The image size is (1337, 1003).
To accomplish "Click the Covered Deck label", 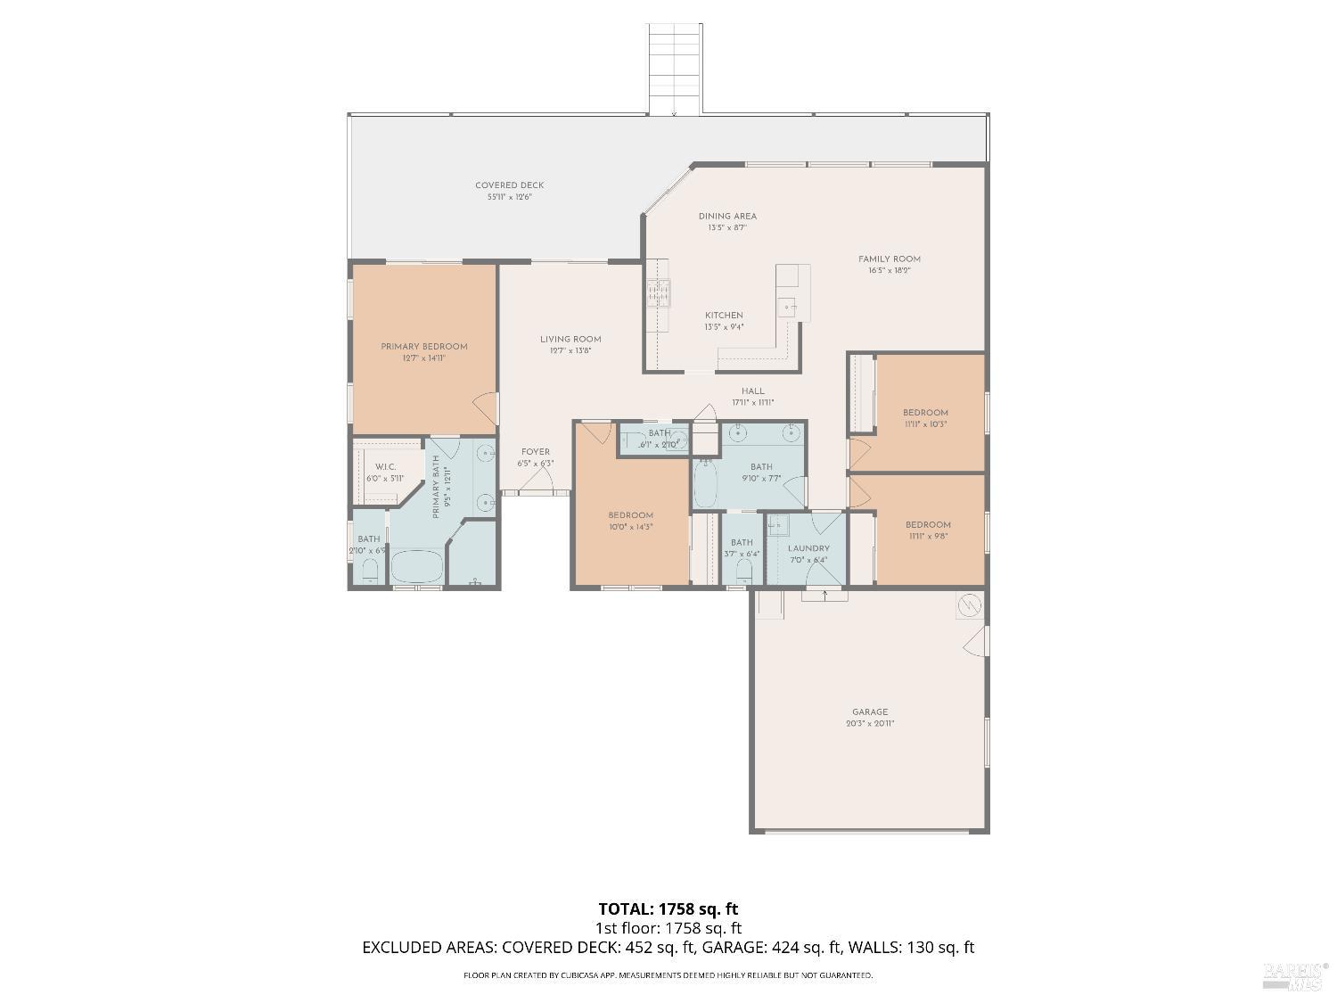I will click(x=509, y=185).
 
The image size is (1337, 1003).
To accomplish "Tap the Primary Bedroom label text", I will click(x=423, y=347).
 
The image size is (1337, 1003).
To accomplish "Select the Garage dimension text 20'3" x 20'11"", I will click(x=870, y=724).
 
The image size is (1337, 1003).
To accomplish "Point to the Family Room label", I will click(x=889, y=259).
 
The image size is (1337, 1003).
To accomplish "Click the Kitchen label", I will click(x=724, y=316).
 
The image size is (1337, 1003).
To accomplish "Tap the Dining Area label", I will click(x=727, y=217).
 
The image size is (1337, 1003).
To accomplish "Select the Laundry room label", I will click(x=808, y=548).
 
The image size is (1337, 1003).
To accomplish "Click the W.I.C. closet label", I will click(x=385, y=467).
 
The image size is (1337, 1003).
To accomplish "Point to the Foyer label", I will click(x=536, y=452).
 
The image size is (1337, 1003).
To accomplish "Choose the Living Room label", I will click(x=570, y=339).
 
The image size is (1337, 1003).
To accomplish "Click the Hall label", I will click(x=753, y=391).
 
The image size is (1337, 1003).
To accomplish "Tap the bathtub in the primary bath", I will click(x=416, y=566).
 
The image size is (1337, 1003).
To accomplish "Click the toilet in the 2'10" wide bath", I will click(x=371, y=572).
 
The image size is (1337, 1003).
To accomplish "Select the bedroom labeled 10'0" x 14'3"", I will click(x=631, y=515).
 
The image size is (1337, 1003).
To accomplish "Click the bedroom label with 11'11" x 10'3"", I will click(x=925, y=413).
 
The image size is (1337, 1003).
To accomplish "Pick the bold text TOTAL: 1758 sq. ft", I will click(x=668, y=909).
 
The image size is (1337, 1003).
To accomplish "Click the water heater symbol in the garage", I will click(x=969, y=605).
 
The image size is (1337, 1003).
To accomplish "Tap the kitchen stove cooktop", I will click(x=659, y=292).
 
